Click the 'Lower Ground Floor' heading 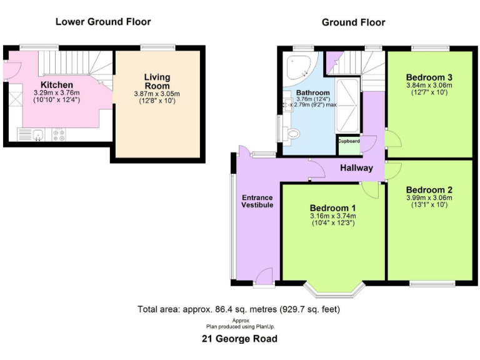pyautogui.click(x=103, y=22)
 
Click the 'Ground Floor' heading pyautogui.click(x=353, y=22)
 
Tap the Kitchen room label pyautogui.click(x=57, y=85)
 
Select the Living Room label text pyautogui.click(x=157, y=82)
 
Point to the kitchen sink pyautogui.click(x=37, y=134)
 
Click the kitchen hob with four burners pyautogui.click(x=60, y=134)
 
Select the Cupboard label pyautogui.click(x=349, y=141)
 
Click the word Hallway pyautogui.click(x=356, y=167)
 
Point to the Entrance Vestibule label pyautogui.click(x=257, y=201)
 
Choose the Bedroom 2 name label pyautogui.click(x=429, y=190)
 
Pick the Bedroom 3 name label pyautogui.click(x=429, y=77)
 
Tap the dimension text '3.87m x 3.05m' pyautogui.click(x=157, y=94)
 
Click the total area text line pyautogui.click(x=239, y=309)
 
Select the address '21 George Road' pyautogui.click(x=239, y=339)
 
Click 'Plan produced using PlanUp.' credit pyautogui.click(x=241, y=326)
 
